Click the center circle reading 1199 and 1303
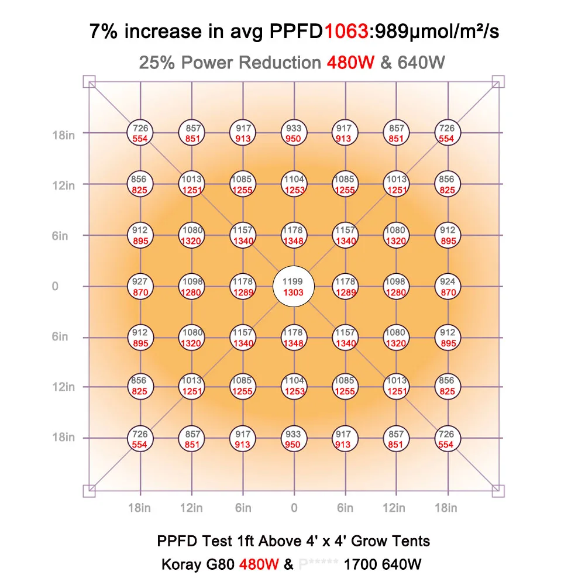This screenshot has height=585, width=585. [294, 287]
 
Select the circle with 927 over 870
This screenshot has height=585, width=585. [140, 287]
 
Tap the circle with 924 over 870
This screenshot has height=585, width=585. [448, 287]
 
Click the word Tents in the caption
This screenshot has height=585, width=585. [414, 541]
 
